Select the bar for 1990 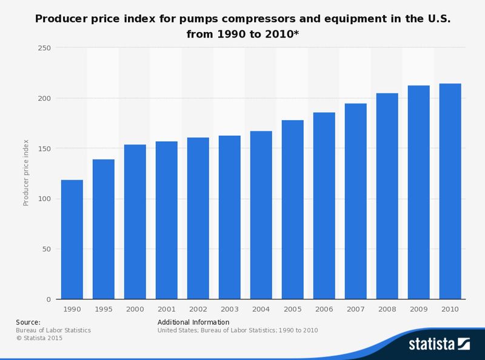coord(72,240)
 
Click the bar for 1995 coord(103,230)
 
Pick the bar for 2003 coord(229,218)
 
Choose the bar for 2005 coord(292,210)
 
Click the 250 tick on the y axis coord(44,48)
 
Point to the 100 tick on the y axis coord(44,199)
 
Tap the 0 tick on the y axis coord(47,299)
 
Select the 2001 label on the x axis coord(166,308)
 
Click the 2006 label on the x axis coord(324,308)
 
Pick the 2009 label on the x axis coord(418,308)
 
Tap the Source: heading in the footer coord(28,322)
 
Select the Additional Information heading coord(193,322)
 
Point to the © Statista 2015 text coord(39,338)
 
